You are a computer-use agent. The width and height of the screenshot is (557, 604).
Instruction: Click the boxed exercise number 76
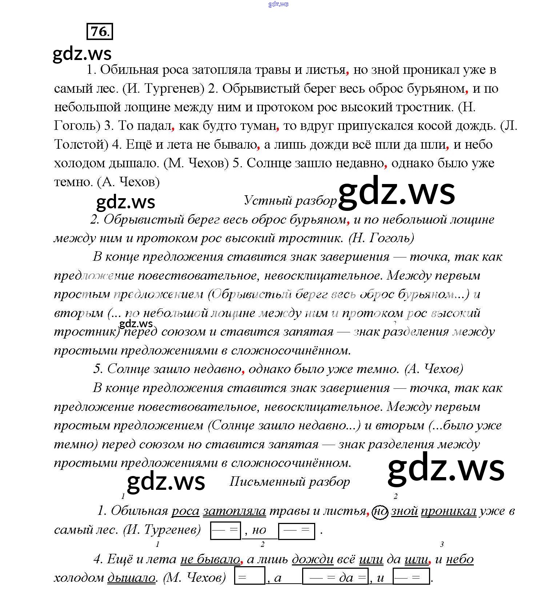click(100, 31)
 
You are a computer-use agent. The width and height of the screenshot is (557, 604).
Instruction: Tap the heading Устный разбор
click(290, 200)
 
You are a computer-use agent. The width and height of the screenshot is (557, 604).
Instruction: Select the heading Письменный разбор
click(289, 481)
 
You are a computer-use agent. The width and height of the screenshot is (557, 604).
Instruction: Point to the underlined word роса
click(185, 511)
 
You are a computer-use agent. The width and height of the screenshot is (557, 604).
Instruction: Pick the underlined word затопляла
click(235, 511)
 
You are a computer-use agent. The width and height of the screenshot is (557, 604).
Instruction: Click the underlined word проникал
click(448, 511)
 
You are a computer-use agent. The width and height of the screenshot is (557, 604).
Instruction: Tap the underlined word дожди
click(313, 559)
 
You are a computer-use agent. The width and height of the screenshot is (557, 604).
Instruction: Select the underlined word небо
click(460, 559)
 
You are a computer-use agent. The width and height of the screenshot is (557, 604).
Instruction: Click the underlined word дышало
click(131, 577)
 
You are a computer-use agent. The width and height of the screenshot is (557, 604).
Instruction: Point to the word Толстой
click(81, 144)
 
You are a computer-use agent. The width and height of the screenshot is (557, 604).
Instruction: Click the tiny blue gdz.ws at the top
click(278, 4)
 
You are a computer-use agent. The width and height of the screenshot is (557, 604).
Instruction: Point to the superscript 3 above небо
click(442, 544)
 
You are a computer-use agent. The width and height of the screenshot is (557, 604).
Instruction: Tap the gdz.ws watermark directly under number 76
click(82, 53)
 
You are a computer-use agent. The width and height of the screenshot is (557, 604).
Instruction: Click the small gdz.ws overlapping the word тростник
click(136, 323)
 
